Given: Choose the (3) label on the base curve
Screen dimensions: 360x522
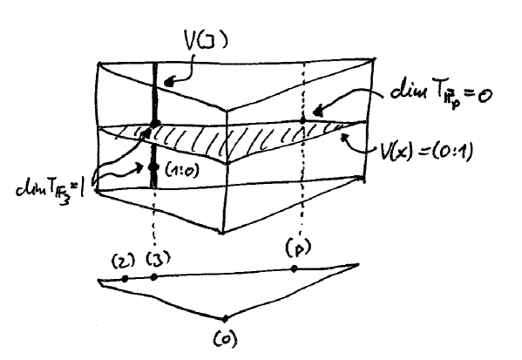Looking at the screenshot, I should pyautogui.click(x=158, y=259).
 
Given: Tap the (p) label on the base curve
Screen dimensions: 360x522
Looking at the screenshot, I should pyautogui.click(x=294, y=250).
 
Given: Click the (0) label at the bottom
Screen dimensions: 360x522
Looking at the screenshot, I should pyautogui.click(x=224, y=336).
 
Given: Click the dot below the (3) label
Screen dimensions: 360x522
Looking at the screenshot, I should pyautogui.click(x=154, y=277).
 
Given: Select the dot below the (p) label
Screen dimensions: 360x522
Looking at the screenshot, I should pyautogui.click(x=295, y=269).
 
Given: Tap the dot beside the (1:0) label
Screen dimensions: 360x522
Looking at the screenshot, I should pyautogui.click(x=154, y=166).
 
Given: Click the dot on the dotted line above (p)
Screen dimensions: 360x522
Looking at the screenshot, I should pyautogui.click(x=302, y=118).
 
